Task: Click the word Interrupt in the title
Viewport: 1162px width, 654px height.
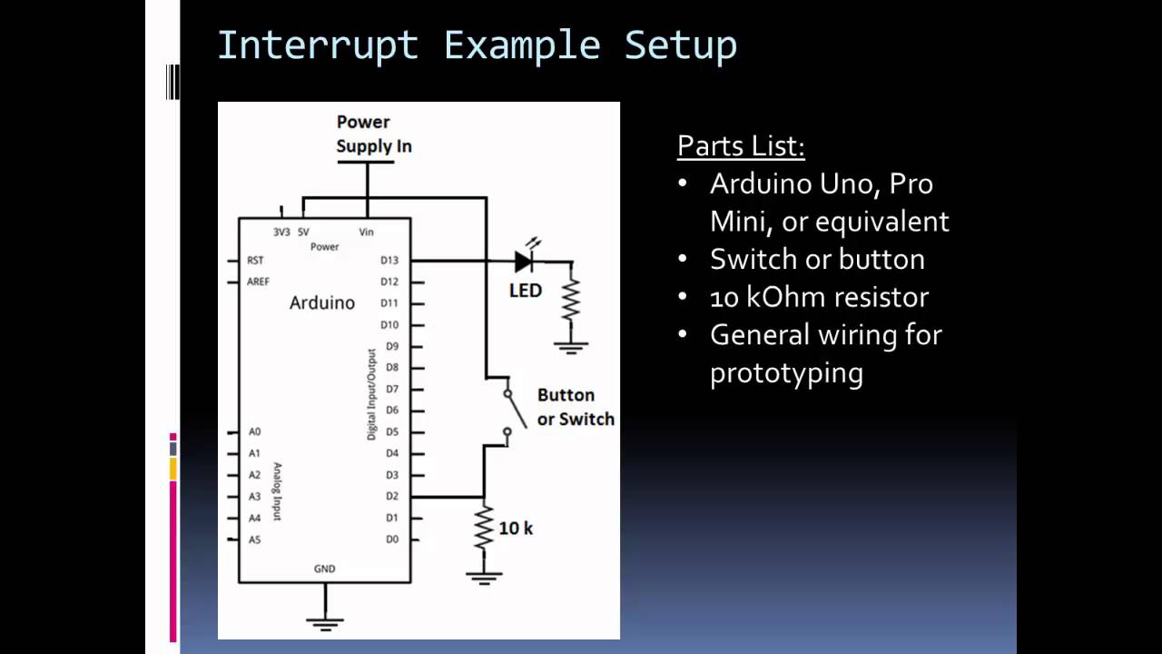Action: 317,45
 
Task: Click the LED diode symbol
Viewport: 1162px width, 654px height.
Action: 523,262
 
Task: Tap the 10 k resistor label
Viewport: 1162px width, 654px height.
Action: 516,528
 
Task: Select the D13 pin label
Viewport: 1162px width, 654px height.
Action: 389,261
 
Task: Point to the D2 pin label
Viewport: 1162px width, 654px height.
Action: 391,496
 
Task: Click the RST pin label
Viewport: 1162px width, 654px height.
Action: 255,261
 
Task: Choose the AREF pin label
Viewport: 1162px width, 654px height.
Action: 258,282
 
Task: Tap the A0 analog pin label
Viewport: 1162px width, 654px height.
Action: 254,431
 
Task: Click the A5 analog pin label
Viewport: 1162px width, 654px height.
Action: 254,540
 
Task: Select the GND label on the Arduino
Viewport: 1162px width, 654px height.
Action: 324,569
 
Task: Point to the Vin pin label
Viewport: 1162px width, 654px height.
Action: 366,232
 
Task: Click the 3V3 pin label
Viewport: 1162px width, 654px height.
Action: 281,232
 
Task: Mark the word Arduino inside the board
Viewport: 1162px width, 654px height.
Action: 321,302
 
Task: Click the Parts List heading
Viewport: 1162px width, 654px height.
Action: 741,146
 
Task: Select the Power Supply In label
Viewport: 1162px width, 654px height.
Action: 373,134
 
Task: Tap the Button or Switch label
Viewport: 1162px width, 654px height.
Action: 575,407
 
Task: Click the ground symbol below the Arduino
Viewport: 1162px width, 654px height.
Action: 324,622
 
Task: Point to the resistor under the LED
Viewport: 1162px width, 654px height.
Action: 570,300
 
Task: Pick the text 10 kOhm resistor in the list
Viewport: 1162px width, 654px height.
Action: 819,297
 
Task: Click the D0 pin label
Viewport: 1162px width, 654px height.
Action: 391,540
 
